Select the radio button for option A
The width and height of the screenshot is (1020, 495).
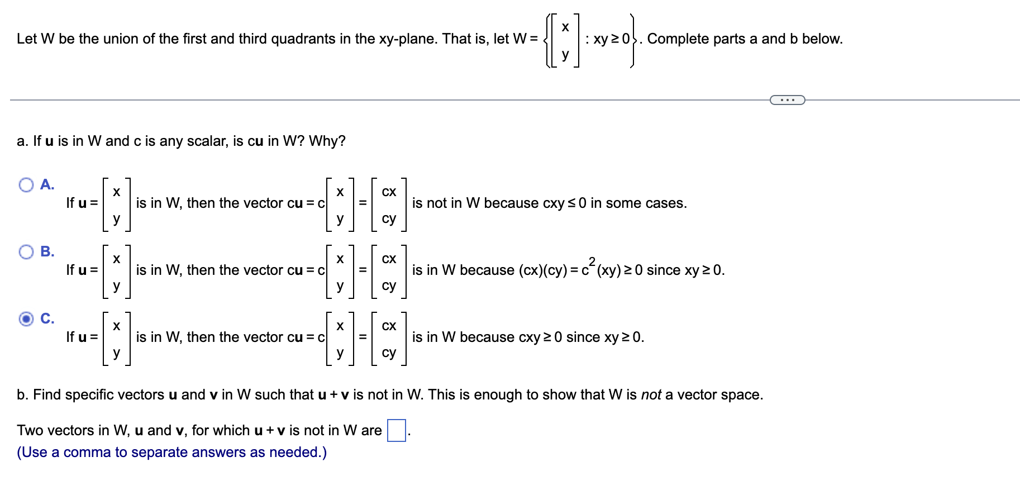pyautogui.click(x=26, y=185)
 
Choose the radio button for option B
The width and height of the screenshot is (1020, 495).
pyautogui.click(x=26, y=252)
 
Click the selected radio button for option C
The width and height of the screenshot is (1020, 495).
pyautogui.click(x=26, y=319)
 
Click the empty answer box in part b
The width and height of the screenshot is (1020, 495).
pyautogui.click(x=397, y=430)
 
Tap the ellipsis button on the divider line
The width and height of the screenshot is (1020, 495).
pyautogui.click(x=787, y=100)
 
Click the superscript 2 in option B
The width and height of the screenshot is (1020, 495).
pyautogui.click(x=592, y=260)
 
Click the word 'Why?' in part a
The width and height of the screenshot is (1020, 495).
pyautogui.click(x=327, y=141)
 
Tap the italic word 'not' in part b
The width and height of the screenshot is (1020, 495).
pyautogui.click(x=651, y=394)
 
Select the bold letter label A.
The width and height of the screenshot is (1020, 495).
pyautogui.click(x=47, y=184)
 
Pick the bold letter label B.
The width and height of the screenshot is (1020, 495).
pyautogui.click(x=47, y=251)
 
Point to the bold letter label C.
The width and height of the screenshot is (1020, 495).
pyautogui.click(x=47, y=318)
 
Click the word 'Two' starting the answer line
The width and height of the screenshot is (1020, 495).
pyautogui.click(x=28, y=430)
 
